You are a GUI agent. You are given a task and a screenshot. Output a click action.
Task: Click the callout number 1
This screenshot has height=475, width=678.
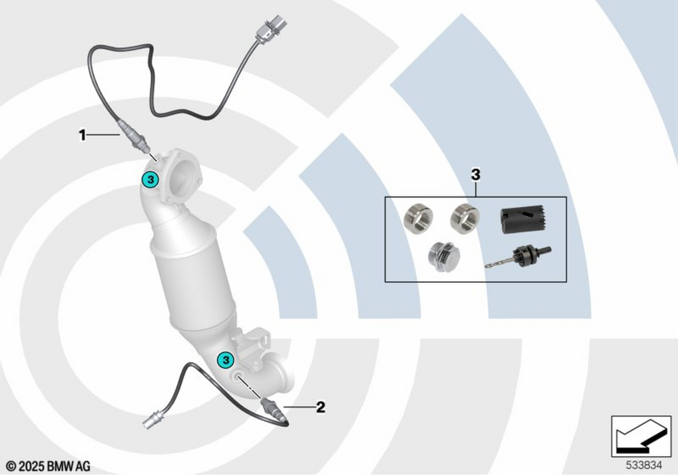pyautogui.click(x=82, y=135)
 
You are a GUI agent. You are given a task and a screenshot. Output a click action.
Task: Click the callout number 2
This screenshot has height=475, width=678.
pyautogui.click(x=321, y=407)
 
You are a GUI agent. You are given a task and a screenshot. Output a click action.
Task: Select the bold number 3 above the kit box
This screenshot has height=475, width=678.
pyautogui.click(x=476, y=175)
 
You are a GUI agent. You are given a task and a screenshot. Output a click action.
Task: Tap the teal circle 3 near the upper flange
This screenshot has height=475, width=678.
pyautogui.click(x=150, y=179)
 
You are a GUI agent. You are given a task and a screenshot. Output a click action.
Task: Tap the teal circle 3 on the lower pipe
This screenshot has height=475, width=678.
pyautogui.click(x=225, y=359)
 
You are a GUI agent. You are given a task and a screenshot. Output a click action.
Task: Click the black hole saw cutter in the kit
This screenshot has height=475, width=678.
pyautogui.click(x=522, y=219)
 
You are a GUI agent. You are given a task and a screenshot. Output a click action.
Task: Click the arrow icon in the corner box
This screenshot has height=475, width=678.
pyautogui.click(x=641, y=434)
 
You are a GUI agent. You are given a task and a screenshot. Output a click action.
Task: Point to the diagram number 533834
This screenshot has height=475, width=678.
pyautogui.click(x=644, y=465)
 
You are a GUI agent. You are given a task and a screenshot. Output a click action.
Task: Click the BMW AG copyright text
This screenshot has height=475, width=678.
pyautogui.click(x=48, y=467)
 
